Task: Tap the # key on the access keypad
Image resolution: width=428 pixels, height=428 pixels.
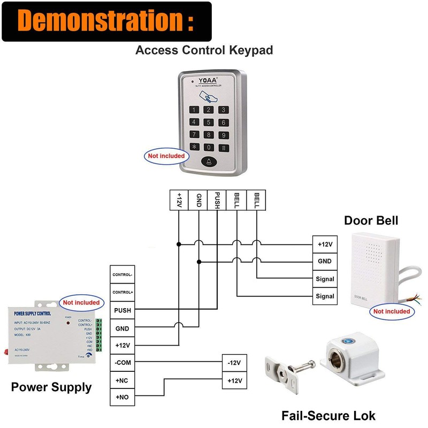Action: tap(223, 148)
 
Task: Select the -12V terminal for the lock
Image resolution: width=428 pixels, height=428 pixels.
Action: tap(234, 363)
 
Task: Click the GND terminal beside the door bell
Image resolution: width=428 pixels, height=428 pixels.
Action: tap(325, 262)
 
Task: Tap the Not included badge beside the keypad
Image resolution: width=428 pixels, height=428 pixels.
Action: tap(166, 156)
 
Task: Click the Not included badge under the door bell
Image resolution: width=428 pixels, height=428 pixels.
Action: tap(392, 311)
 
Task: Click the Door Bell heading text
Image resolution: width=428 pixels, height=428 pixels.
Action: tap(371, 220)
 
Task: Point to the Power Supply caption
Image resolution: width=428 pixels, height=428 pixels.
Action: tap(51, 387)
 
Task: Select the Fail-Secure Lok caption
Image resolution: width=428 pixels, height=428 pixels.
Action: tap(328, 415)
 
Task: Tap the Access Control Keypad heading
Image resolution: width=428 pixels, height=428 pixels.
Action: tap(204, 50)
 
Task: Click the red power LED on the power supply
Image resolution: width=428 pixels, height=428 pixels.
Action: tap(68, 324)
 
